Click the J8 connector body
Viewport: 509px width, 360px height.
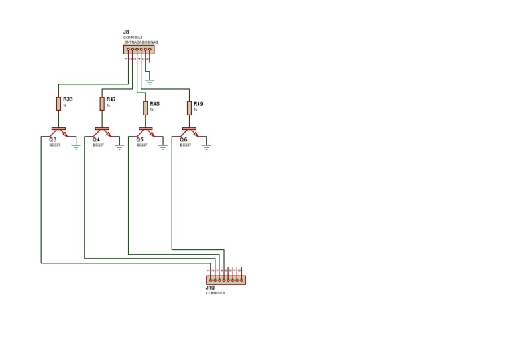(139, 50)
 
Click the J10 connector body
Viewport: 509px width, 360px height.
(226, 280)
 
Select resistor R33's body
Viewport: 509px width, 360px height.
(59, 103)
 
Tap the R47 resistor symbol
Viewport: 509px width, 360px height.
(102, 103)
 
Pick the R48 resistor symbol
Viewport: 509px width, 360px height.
(146, 108)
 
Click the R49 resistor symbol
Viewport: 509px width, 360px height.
(190, 108)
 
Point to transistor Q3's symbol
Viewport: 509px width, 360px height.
(59, 131)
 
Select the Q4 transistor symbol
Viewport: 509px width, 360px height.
(102, 131)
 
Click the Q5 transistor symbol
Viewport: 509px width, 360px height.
(146, 131)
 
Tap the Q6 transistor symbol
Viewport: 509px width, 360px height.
(190, 131)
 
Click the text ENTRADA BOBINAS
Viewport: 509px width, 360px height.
(141, 42)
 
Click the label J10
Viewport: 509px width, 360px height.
(210, 288)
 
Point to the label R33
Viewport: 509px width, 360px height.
(68, 99)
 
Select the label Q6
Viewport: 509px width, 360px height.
(183, 140)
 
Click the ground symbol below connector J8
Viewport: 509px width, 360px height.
(150, 82)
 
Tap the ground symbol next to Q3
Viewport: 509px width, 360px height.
(76, 147)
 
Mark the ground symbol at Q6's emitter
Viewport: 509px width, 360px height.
(207, 147)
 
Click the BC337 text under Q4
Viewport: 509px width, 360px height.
(98, 145)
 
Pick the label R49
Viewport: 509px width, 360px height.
(199, 104)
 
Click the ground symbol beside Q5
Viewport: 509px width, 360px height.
(163, 147)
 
